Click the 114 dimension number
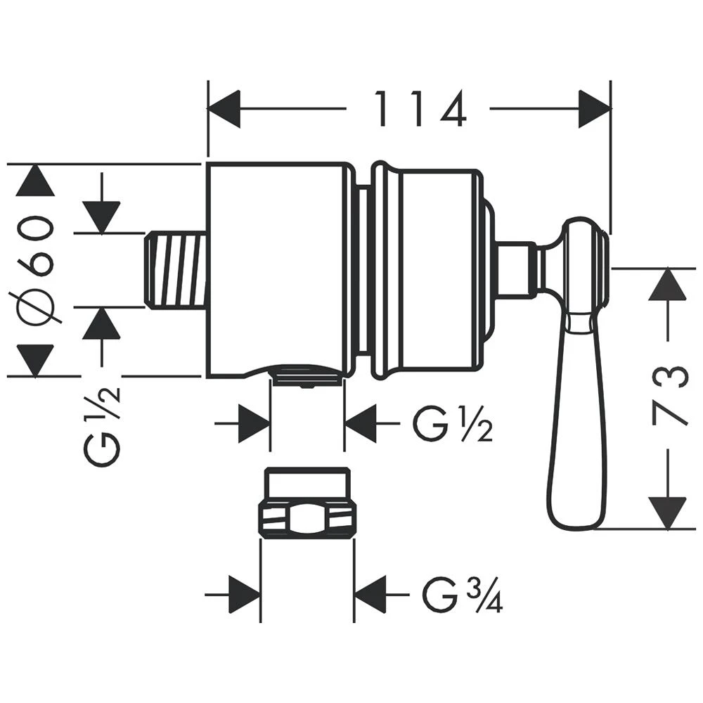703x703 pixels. [x=419, y=110]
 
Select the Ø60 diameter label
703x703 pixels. [x=36, y=270]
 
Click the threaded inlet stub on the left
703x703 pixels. [x=176, y=271]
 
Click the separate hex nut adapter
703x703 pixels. [x=307, y=505]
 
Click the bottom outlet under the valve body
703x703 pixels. [x=307, y=375]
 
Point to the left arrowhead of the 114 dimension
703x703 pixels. [x=224, y=109]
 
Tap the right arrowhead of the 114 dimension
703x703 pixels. [x=595, y=109]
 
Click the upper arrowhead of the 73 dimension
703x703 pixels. [x=666, y=285]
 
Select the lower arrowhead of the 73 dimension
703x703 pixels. [x=666, y=512]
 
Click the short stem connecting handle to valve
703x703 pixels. [x=517, y=270]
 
